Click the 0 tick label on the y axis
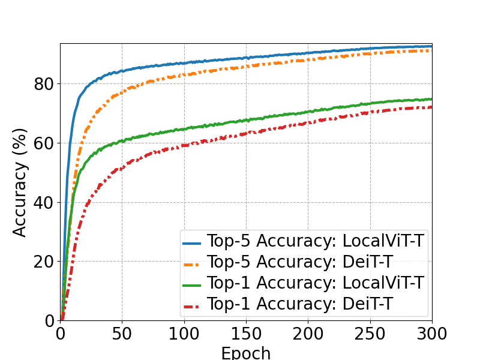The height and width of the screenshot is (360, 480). click(x=49, y=320)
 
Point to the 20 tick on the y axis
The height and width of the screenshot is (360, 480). click(x=43, y=262)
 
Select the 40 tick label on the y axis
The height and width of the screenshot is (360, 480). click(x=43, y=202)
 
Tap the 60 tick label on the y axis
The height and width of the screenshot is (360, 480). click(x=43, y=143)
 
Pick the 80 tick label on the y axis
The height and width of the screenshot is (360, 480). click(x=43, y=84)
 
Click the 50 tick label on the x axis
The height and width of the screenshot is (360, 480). click(x=122, y=334)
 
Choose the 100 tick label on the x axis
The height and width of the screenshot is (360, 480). click(x=184, y=334)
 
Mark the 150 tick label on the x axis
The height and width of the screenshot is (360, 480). click(x=245, y=334)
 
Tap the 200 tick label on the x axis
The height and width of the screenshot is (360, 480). click(x=308, y=334)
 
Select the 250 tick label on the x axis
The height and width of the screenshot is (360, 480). click(x=370, y=334)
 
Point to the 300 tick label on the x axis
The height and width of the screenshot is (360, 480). click(x=431, y=334)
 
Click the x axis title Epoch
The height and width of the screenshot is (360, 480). click(x=245, y=353)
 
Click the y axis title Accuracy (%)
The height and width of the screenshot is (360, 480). click(x=20, y=182)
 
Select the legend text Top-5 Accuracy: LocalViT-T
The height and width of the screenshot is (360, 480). click(x=316, y=241)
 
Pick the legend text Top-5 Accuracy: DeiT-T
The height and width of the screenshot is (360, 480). click(x=300, y=262)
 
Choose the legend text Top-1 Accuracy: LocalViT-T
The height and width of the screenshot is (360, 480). click(x=316, y=283)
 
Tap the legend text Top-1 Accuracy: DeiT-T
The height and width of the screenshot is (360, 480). click(x=300, y=305)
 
